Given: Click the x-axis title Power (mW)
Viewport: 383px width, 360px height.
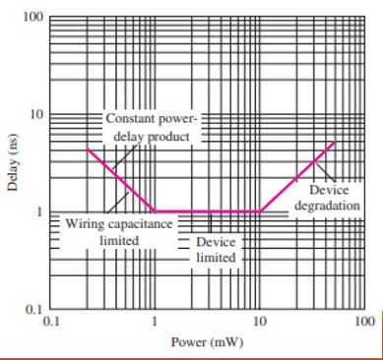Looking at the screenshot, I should (x=207, y=342).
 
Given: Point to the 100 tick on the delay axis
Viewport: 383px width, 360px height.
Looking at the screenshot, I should (x=33, y=19).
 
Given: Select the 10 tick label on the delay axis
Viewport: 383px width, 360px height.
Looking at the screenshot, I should (x=36, y=115).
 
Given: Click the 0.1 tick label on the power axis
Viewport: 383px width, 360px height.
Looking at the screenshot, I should (x=52, y=321).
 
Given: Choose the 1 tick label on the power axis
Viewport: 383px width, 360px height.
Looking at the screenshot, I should (x=155, y=321).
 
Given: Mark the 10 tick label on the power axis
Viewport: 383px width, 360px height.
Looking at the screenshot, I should (x=259, y=321).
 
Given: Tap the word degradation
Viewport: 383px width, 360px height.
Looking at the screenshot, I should (x=326, y=205).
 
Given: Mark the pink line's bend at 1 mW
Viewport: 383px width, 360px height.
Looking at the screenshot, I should (x=155, y=211).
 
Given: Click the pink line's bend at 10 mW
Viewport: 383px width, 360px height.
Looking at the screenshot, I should (x=259, y=211).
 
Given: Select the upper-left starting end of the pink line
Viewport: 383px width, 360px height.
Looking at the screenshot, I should (x=88, y=149).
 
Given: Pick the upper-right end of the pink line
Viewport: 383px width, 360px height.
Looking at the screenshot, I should (x=335, y=143).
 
